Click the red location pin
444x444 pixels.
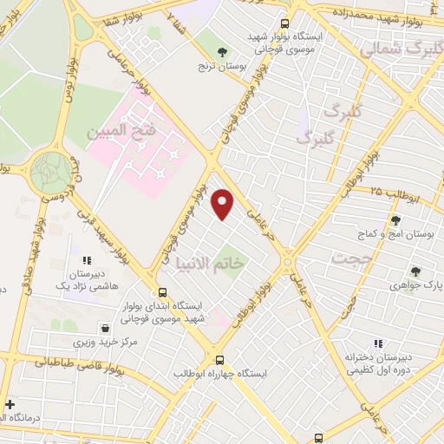[x=223, y=204]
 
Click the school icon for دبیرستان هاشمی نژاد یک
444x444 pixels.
[x=86, y=259]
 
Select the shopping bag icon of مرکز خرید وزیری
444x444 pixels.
[x=106, y=329]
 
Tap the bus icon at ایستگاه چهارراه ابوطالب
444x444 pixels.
[x=219, y=360]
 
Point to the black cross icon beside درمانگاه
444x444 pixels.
[x=10, y=404]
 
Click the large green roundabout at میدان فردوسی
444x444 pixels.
[x=52, y=172]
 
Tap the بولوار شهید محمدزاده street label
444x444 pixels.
[x=390, y=12]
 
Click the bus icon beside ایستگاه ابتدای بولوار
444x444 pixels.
[x=162, y=292]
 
